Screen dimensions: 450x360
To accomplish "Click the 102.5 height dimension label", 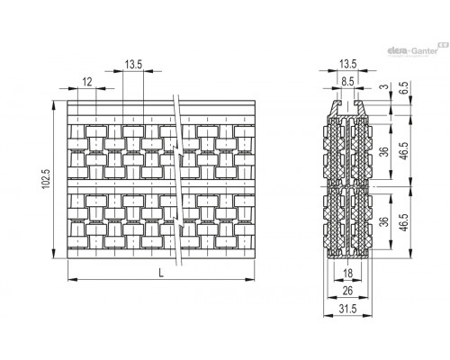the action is click(46, 179).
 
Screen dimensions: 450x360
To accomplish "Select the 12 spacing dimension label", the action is click(87, 82).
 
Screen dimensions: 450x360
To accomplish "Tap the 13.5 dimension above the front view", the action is click(133, 65).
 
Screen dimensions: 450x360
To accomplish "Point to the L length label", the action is click(161, 273).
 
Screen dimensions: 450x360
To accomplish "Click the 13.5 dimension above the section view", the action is click(348, 64).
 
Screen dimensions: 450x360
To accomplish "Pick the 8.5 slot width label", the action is click(347, 82).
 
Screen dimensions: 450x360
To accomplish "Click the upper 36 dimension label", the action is click(384, 151).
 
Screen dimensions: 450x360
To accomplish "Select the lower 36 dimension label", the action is click(384, 221).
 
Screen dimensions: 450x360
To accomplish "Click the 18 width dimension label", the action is click(347, 274).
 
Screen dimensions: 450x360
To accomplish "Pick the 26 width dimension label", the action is click(347, 291).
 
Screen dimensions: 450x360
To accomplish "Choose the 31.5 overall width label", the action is click(347, 309).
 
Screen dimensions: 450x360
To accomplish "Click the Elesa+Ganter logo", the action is click(418, 49).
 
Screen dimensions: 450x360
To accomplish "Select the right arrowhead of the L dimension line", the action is click(250, 280).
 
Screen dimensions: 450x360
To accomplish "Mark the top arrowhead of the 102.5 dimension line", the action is click(54, 105).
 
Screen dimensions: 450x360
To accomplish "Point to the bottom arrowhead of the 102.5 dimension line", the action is click(54, 254).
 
